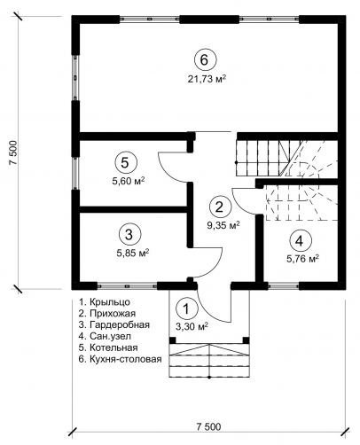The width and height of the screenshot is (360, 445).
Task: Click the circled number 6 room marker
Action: tap(205, 59)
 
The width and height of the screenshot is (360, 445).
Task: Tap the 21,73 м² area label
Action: tap(207, 79)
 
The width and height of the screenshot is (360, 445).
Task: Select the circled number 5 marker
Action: tap(126, 162)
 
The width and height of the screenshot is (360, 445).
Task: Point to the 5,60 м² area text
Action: tap(128, 181)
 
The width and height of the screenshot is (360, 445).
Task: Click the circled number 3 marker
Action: tap(129, 235)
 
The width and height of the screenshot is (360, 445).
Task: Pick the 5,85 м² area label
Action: tap(133, 254)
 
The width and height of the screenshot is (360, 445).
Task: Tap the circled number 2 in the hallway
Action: tap(220, 207)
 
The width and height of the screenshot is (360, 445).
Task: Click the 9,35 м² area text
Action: tap(223, 226)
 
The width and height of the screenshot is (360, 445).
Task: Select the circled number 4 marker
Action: tap(299, 241)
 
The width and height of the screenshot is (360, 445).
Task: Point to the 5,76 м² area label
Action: tap(302, 259)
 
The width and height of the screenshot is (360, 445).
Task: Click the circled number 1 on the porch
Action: tap(186, 308)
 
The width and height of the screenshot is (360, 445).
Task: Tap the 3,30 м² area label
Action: tap(192, 327)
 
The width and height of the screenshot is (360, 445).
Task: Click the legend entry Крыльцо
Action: tap(105, 302)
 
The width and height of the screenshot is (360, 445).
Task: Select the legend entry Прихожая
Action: tap(107, 314)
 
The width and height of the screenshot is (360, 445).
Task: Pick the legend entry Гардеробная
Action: tap(114, 325)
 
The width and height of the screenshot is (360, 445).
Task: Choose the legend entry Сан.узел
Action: tap(105, 336)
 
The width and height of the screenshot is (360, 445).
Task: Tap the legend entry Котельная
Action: tap(108, 347)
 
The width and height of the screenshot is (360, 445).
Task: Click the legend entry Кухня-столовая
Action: tap(120, 359)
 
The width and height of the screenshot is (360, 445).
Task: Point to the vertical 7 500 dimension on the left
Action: tap(13, 152)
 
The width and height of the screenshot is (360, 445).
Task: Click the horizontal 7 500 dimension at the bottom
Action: tap(208, 427)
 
